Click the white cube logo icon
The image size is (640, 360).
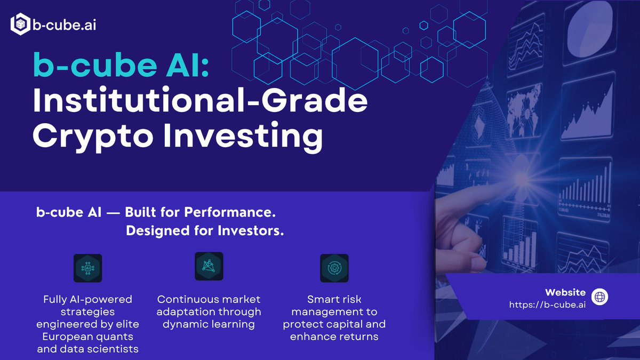(x=20, y=24)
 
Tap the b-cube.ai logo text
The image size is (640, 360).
(x=65, y=25)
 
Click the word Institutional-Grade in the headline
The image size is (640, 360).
(x=201, y=100)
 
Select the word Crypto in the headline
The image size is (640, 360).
(x=93, y=137)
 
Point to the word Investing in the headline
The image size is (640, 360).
(x=243, y=137)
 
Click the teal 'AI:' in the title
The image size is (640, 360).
(x=187, y=65)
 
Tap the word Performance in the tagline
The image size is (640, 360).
(x=230, y=212)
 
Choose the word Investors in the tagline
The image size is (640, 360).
(x=251, y=230)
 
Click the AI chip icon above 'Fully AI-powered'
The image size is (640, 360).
(x=87, y=268)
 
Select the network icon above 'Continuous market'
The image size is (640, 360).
(x=209, y=266)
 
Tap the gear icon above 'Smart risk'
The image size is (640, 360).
(x=334, y=268)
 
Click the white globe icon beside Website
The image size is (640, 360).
(x=599, y=297)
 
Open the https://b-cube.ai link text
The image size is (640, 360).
(x=547, y=305)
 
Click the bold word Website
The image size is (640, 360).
(x=565, y=292)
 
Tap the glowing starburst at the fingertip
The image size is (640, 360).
(x=522, y=179)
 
